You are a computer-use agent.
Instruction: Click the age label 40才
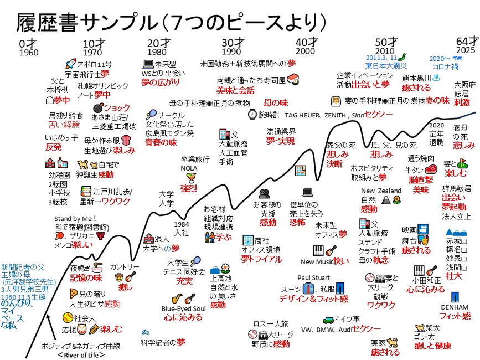(306, 42)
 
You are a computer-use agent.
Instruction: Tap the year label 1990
(232, 52)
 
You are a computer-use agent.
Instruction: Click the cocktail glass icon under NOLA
(190, 177)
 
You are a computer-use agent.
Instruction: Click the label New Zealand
(382, 191)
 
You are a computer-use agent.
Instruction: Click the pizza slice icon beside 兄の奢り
(73, 293)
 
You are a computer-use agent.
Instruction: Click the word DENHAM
(455, 307)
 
